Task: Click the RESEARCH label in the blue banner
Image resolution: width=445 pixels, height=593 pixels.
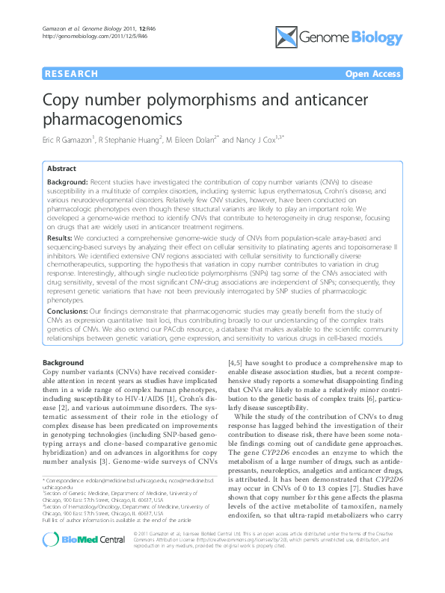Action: tap(71, 74)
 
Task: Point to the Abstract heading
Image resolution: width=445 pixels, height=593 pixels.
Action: tap(61, 170)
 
